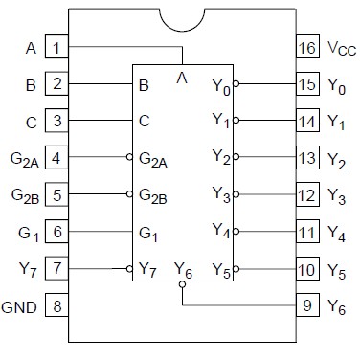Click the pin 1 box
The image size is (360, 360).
click(56, 46)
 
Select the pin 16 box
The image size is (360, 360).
click(307, 46)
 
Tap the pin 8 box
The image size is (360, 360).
click(56, 307)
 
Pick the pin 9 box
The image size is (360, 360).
click(307, 307)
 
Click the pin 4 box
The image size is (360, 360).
click(56, 158)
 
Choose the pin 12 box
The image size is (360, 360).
click(307, 195)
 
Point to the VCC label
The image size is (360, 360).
click(340, 47)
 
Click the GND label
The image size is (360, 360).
click(20, 307)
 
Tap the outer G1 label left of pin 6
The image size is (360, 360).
click(27, 233)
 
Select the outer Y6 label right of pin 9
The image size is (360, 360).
click(336, 308)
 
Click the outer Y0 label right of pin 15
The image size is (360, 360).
click(336, 84)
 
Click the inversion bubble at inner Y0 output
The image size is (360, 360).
click(236, 84)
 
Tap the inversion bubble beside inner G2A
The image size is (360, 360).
click(128, 158)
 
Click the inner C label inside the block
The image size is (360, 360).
click(144, 122)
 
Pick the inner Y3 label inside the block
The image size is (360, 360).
click(220, 196)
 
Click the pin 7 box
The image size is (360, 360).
click(56, 270)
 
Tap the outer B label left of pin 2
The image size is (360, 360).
click(31, 84)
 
